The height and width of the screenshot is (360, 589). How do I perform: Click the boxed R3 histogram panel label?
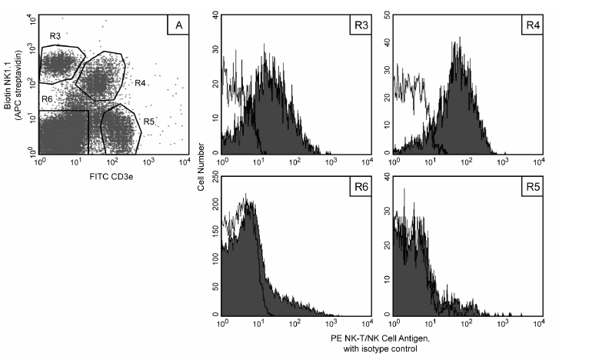pyautogui.click(x=360, y=25)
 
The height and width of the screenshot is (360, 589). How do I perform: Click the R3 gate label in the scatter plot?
pyautogui.click(x=55, y=35)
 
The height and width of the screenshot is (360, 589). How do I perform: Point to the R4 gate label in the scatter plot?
pyautogui.click(x=139, y=83)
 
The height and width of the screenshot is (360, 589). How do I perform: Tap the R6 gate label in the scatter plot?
pyautogui.click(x=47, y=101)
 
